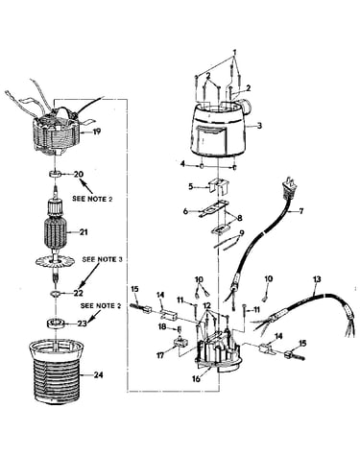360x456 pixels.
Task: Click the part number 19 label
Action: pyautogui.click(x=96, y=132)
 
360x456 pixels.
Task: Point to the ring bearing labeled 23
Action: pyautogui.click(x=57, y=324)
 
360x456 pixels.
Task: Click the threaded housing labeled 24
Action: pyautogui.click(x=57, y=372)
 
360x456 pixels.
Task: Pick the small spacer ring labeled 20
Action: pyautogui.click(x=55, y=175)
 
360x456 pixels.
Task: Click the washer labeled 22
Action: pyautogui.click(x=55, y=293)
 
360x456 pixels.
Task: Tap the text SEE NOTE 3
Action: pyautogui.click(x=102, y=259)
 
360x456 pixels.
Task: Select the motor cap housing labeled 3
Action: pyautogui.click(x=218, y=130)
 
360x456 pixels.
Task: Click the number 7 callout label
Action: pyautogui.click(x=300, y=211)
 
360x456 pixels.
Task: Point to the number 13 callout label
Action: pyautogui.click(x=317, y=279)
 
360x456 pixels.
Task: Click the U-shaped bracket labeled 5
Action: pyautogui.click(x=219, y=186)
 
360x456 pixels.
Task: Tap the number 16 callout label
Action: pyautogui.click(x=197, y=379)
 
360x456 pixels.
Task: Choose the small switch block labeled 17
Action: pyautogui.click(x=181, y=344)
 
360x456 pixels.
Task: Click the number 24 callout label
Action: pyautogui.click(x=98, y=374)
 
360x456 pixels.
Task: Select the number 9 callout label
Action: pyautogui.click(x=241, y=233)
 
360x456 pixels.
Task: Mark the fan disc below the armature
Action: pyautogui.click(x=57, y=261)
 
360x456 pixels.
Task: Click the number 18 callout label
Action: pyautogui.click(x=162, y=327)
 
